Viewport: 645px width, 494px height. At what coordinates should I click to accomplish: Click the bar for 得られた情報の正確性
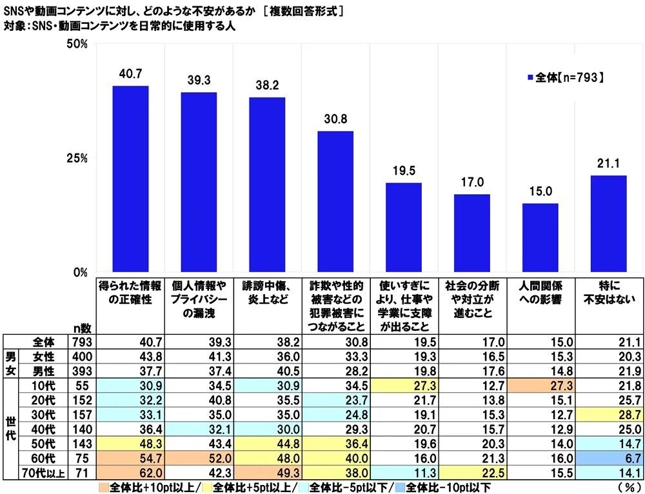point(130,179)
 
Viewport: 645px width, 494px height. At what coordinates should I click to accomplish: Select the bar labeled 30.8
point(335,201)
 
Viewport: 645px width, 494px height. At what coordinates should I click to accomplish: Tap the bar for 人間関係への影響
point(540,237)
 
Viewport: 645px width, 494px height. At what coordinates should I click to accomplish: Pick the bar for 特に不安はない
point(608,223)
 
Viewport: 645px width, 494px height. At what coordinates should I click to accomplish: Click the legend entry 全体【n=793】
point(565,77)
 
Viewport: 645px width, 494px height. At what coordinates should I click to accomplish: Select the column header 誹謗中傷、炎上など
point(267,291)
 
